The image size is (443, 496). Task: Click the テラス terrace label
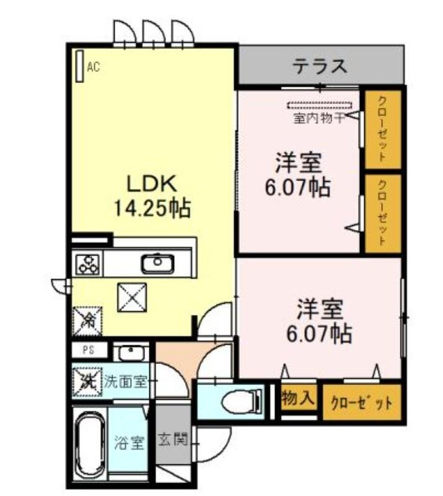point(320,66)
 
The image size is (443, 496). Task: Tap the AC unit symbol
point(80,66)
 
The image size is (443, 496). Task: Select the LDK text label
point(152,184)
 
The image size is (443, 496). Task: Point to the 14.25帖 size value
point(152,208)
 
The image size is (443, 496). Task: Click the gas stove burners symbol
point(89,264)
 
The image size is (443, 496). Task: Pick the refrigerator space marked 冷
point(87,321)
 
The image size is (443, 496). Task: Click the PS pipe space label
point(89,350)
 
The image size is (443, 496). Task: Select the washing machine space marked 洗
point(87,382)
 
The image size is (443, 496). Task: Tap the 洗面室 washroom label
point(126,382)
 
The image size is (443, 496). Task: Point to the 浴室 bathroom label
point(129,443)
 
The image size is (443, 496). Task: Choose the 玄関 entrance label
point(173,439)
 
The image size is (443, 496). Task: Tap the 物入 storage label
point(298,397)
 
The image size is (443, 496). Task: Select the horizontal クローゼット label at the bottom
point(362,402)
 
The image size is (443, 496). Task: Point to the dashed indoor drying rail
point(319,105)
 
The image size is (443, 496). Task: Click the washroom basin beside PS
point(129,353)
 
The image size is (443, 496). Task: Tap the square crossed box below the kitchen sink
point(132,298)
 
